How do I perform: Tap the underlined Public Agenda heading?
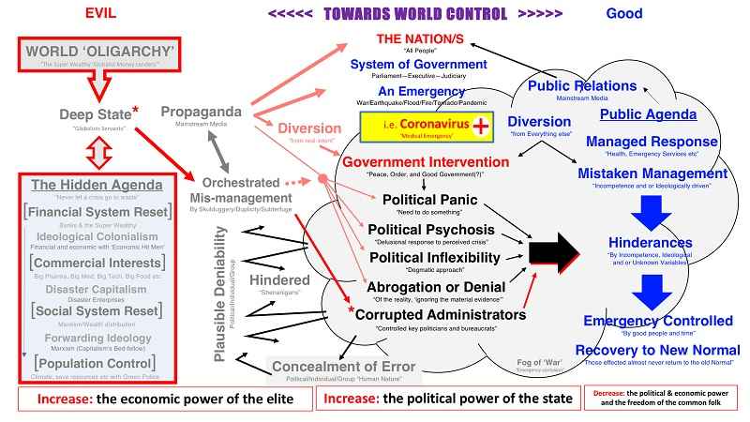coord(648,114)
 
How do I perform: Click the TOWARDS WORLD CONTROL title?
coord(412,13)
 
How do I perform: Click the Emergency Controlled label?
coord(658,321)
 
